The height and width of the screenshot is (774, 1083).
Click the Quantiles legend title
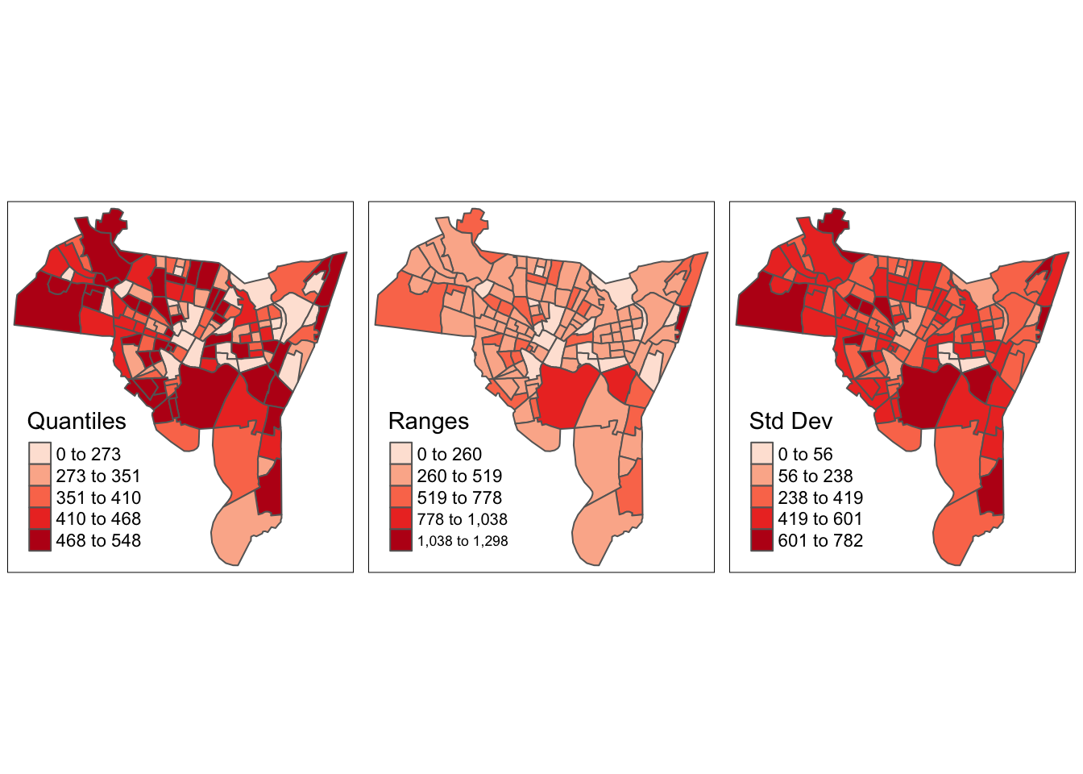point(77,422)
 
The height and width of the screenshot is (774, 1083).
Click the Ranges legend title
point(428,422)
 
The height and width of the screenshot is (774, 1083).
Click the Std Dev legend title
point(790,422)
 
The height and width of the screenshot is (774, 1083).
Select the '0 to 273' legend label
point(89,455)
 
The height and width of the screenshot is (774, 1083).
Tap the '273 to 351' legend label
point(98,476)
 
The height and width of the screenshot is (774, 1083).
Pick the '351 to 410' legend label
point(98,498)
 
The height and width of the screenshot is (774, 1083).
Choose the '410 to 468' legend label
point(98,519)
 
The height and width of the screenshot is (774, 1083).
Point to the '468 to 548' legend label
point(98,541)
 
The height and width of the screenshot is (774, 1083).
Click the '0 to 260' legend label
point(450,455)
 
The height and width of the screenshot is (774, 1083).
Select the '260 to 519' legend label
point(459,476)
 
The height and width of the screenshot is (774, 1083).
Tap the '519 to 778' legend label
point(459,498)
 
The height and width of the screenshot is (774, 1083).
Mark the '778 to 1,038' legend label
point(463,519)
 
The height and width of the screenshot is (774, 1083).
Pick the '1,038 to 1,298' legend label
point(463,541)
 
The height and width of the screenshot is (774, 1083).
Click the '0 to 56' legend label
point(806,455)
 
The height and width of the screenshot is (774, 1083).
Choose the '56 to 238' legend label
point(815,476)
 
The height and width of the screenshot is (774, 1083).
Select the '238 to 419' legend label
point(820,498)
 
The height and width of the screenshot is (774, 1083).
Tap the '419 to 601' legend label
point(820,519)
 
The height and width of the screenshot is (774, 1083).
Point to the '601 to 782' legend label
point(820,541)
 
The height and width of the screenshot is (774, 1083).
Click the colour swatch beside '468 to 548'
point(39,540)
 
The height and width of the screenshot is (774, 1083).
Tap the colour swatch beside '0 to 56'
point(761,454)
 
